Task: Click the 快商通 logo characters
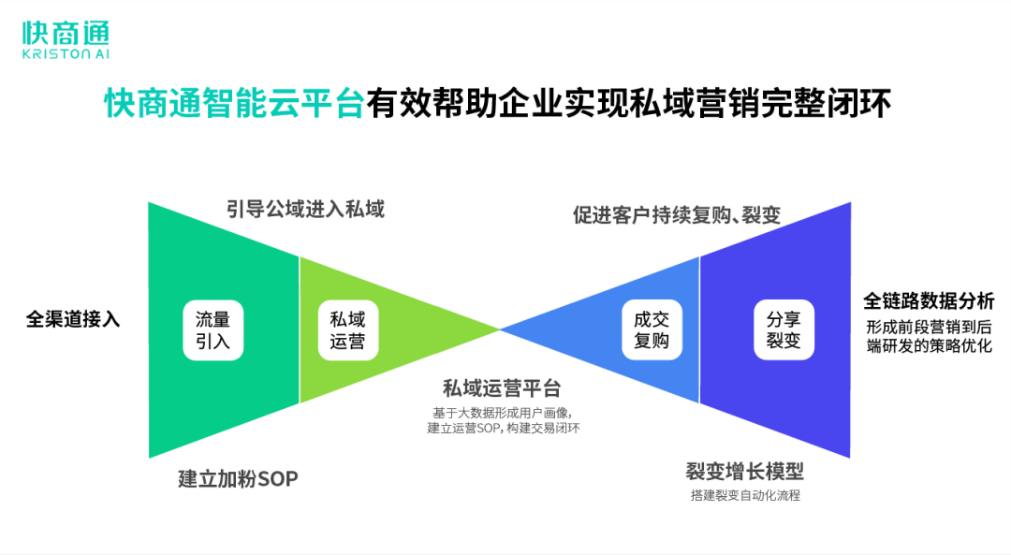[x=66, y=34]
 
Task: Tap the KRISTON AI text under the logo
[x=66, y=55]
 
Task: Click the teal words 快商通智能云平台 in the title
[x=233, y=103]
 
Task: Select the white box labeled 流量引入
[x=212, y=329]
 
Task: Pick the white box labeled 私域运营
[x=347, y=329]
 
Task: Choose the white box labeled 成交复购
[x=652, y=329]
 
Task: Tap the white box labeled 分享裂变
[x=784, y=329]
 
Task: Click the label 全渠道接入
[x=73, y=319]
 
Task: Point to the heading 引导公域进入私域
[x=305, y=208]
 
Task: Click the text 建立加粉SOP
[x=238, y=478]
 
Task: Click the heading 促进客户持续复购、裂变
[x=677, y=215]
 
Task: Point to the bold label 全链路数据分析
[x=929, y=301]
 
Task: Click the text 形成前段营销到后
[x=929, y=327]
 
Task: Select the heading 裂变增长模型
[x=744, y=470]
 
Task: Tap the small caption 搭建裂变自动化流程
[x=745, y=495]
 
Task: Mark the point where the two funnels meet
[x=500, y=329]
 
